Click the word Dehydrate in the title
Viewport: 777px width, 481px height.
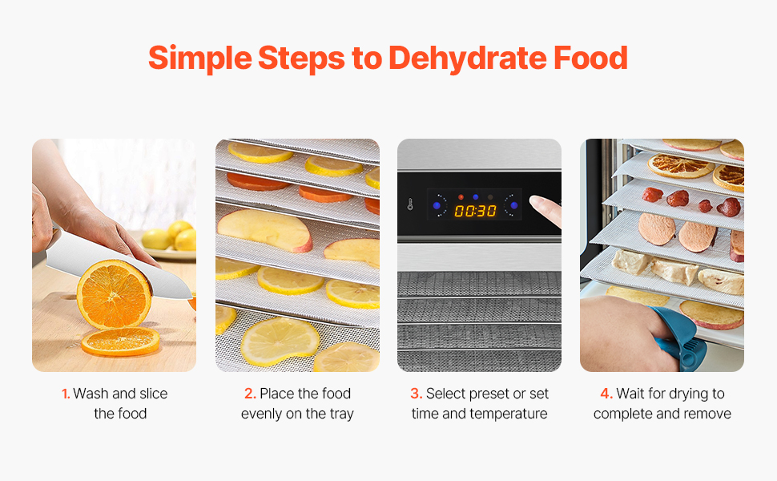468,59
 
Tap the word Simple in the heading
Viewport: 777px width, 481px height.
200,59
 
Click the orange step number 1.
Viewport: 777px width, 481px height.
66,394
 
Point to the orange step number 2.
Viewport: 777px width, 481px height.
250,394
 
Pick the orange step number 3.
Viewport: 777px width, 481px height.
416,394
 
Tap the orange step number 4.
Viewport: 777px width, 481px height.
606,394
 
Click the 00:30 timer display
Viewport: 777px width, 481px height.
475,212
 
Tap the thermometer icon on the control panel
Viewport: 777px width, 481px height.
410,204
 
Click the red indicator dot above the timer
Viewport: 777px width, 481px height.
461,197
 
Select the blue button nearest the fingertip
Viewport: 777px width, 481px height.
514,205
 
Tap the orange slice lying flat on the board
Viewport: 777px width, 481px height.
120,342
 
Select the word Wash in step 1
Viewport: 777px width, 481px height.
91,394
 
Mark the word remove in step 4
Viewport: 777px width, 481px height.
707,414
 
